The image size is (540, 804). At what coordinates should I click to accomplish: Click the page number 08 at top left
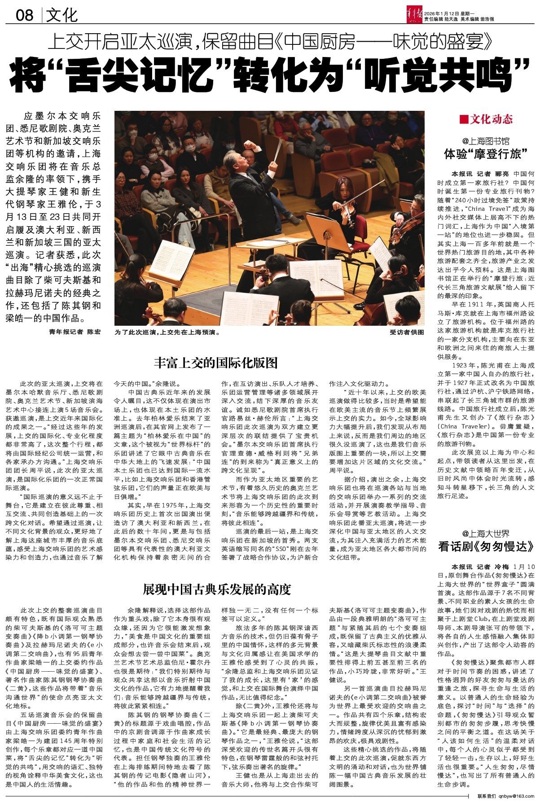click(x=25, y=15)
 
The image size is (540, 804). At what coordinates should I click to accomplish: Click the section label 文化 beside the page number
click(x=62, y=15)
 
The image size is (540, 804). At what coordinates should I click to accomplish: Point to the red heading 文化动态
click(x=492, y=119)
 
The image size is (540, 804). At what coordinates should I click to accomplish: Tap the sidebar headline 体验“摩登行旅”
click(x=486, y=154)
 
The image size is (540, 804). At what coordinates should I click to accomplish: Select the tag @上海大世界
click(x=486, y=533)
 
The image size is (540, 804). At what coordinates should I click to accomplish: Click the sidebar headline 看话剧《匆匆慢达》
click(x=486, y=546)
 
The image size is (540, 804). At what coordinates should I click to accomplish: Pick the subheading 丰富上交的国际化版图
click(x=216, y=363)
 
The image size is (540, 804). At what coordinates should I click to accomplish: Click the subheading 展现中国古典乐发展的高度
click(x=216, y=589)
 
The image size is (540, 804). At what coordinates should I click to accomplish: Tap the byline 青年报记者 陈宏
click(x=75, y=332)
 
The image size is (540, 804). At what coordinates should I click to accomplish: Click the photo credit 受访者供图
click(x=407, y=332)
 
